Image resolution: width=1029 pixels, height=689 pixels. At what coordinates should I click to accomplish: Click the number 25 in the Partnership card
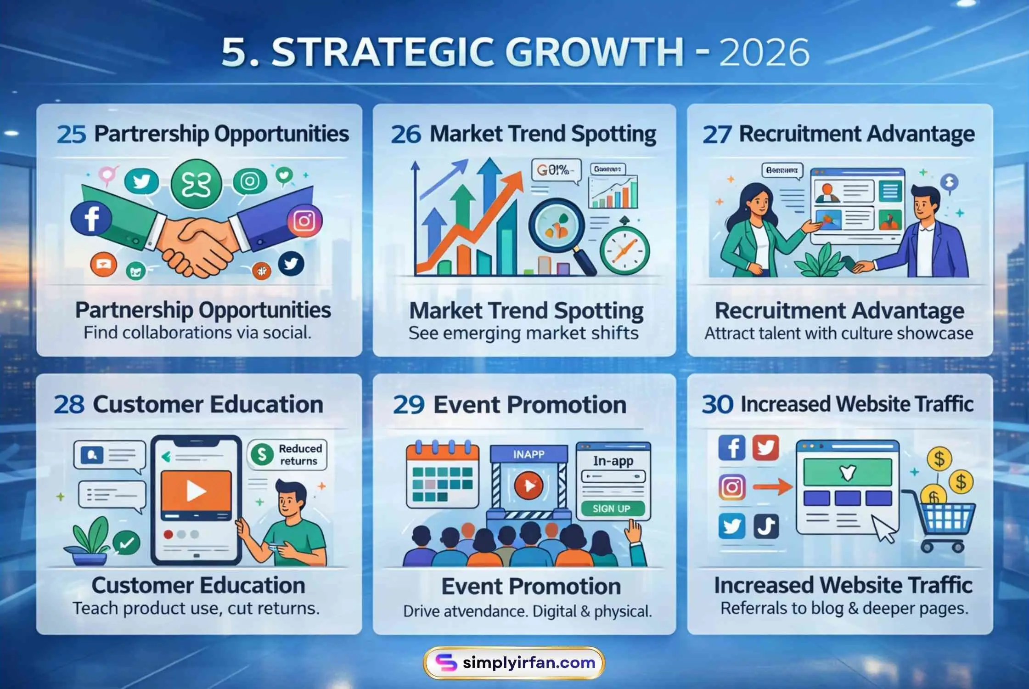pos(71,135)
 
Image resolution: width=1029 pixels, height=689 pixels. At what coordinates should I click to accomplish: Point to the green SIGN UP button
pos(612,508)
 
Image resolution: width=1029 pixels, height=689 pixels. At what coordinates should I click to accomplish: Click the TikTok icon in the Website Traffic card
pos(766,526)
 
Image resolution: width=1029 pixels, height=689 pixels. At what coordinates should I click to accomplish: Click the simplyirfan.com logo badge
pos(514,662)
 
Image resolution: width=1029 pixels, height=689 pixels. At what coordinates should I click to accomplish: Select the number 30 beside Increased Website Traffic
pos(717,405)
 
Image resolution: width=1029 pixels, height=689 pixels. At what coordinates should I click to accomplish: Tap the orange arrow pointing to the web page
pos(773,487)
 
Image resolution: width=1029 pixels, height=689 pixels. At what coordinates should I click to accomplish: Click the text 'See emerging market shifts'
pos(523,333)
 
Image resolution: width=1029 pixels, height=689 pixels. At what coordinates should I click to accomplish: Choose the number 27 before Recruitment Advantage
pos(717,135)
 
